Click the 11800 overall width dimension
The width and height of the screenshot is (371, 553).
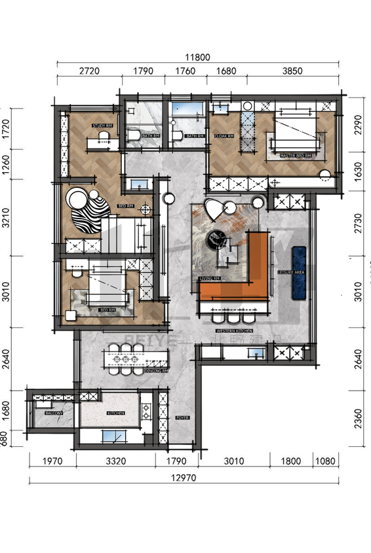(197, 57)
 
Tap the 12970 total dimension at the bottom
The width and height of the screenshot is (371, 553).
(184, 478)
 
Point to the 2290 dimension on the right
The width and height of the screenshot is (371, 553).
(357, 125)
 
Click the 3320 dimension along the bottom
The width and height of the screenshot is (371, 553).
(115, 461)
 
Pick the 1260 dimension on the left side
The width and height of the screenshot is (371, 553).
(6, 161)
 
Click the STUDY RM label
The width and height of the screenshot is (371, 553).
(102, 126)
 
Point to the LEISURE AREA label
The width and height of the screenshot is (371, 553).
(289, 272)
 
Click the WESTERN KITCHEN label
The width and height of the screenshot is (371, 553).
(234, 332)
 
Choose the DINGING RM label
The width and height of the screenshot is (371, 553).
(156, 371)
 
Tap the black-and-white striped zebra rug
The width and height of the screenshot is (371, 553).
(90, 213)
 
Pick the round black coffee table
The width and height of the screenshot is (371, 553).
(217, 241)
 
